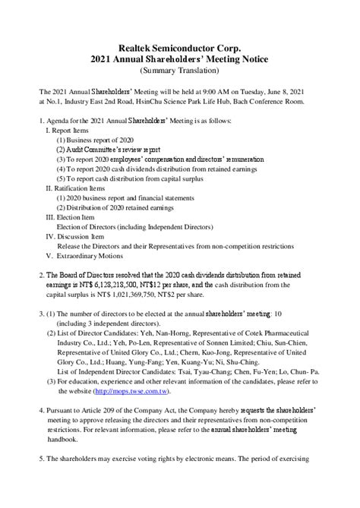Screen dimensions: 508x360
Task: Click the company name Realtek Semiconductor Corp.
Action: click(x=179, y=47)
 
